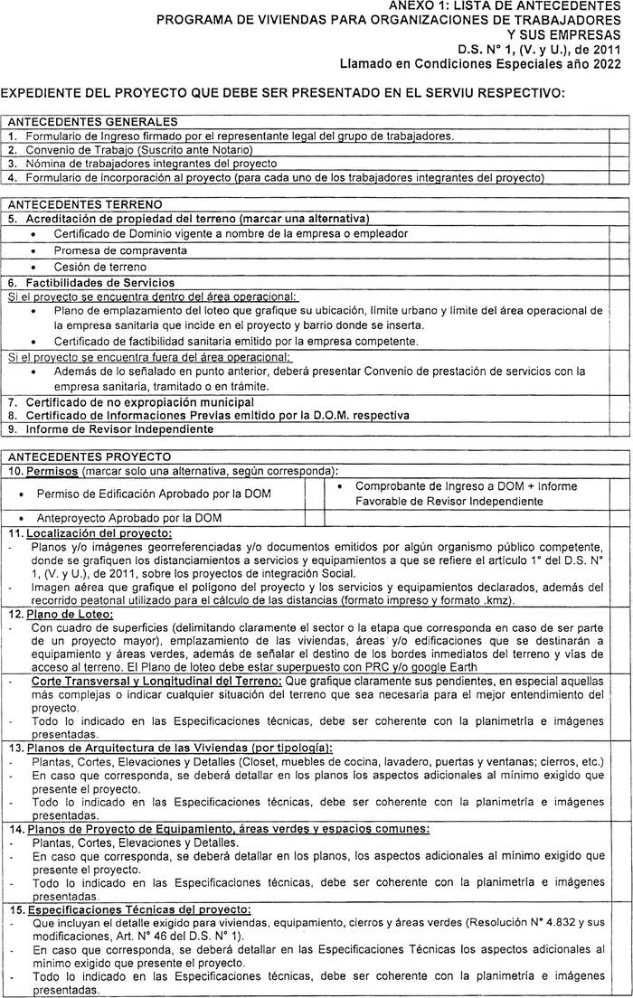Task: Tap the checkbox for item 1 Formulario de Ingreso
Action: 619,137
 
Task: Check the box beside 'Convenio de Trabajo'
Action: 619,150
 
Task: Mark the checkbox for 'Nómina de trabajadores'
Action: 619,164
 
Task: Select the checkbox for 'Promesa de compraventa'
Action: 619,250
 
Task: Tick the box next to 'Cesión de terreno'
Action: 619,268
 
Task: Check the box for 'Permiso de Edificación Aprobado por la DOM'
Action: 315,493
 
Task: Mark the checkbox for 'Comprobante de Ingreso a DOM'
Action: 619,493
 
